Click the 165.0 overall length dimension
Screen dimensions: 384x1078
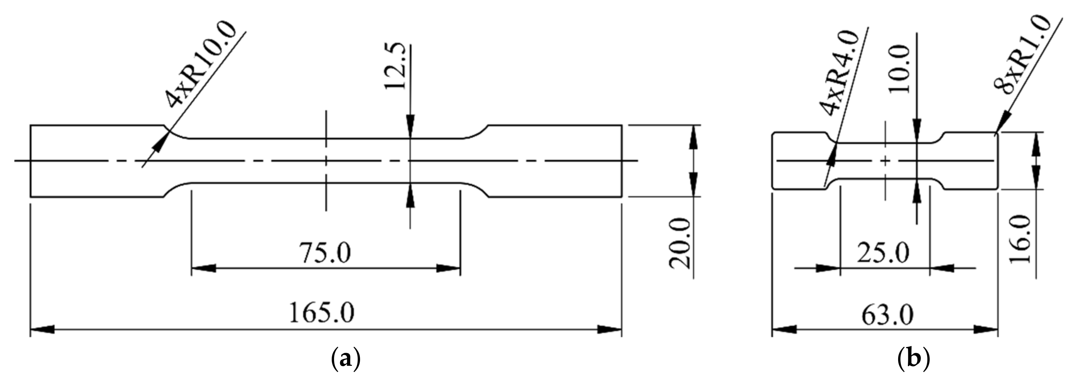point(321,313)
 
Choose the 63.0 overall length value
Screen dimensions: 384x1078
point(887,315)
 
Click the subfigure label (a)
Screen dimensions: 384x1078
point(345,359)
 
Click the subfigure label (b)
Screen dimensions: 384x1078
point(914,359)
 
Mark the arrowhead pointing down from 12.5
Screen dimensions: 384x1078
point(410,128)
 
